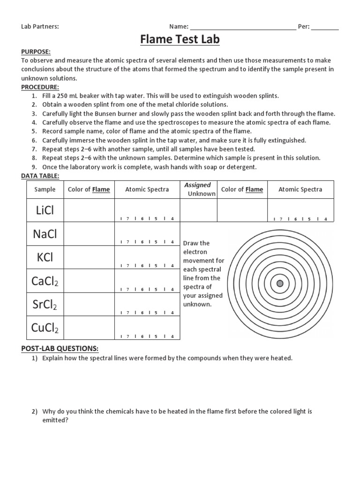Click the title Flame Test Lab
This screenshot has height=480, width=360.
click(180, 40)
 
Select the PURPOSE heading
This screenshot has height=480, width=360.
click(36, 52)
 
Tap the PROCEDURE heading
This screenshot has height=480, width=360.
click(40, 87)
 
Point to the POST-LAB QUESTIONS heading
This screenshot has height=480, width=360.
click(60, 348)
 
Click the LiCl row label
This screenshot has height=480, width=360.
click(45, 210)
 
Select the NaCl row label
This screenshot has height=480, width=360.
click(45, 234)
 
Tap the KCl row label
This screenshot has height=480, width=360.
click(45, 257)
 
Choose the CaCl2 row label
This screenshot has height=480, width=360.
click(45, 281)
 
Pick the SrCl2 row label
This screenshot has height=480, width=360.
click(45, 305)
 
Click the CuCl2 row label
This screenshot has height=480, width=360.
click(45, 328)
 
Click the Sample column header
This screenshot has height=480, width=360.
click(45, 190)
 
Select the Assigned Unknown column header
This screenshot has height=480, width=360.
click(199, 189)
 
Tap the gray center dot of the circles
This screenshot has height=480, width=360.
click(280, 283)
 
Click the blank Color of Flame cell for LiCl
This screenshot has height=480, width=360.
click(89, 210)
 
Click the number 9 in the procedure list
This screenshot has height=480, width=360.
click(34, 167)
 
